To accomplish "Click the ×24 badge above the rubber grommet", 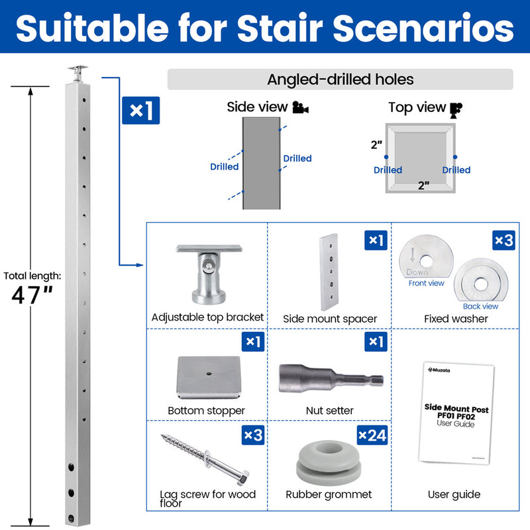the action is tap(372, 435).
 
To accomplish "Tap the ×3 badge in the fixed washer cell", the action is tap(503, 240).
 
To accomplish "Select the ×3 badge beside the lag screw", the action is tap(253, 435).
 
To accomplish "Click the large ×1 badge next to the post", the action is tap(140, 111).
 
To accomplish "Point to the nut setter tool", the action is tap(331, 379).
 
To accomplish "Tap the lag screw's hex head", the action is tap(242, 477).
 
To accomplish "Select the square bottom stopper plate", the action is tap(209, 377).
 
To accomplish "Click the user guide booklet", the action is tap(456, 413).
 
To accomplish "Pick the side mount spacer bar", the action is tap(329, 272).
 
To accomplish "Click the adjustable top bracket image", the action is tap(209, 274).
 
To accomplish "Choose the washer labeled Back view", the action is tap(481, 280).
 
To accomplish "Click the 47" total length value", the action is tap(32, 295).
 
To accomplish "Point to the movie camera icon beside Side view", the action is tap(301, 107).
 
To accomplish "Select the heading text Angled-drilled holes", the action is tap(341, 79).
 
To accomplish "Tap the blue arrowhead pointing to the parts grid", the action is tap(140, 265).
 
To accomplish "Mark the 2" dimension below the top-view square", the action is tap(423, 185).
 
